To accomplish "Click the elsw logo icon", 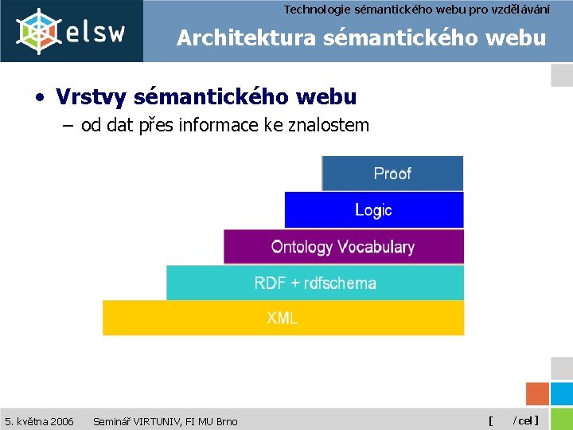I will tap(39, 31).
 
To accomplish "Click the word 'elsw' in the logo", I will tap(95, 33).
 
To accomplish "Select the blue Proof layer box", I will tap(392, 174).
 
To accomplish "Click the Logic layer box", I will tap(373, 210).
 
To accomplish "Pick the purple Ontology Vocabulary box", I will tap(343, 247).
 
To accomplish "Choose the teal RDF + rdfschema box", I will tap(315, 283).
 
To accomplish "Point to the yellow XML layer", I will tap(283, 318).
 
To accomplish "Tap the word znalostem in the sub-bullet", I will tap(332, 125).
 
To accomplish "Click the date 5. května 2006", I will tap(39, 420).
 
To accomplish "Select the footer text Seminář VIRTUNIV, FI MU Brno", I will tap(165, 420).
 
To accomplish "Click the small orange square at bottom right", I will tap(538, 394).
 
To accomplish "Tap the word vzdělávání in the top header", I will tap(522, 10).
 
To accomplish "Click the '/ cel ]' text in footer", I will tap(526, 420).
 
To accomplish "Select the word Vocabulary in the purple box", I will tap(375, 247).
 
